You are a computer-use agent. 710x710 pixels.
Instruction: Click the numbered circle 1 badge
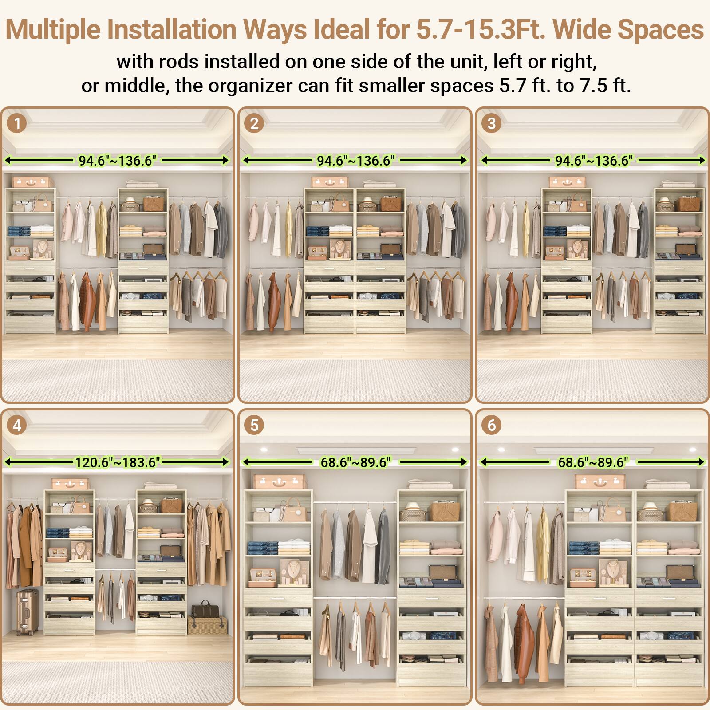click(x=17, y=123)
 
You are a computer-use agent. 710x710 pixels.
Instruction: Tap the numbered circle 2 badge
click(x=254, y=123)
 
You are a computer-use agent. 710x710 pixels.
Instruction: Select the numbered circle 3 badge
click(x=491, y=123)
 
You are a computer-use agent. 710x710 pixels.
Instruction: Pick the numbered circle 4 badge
click(x=17, y=425)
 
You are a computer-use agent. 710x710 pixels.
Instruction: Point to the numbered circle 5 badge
click(x=254, y=425)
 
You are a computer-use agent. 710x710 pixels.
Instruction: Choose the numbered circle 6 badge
click(x=491, y=425)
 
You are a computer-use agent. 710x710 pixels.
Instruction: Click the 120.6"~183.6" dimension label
click(x=117, y=462)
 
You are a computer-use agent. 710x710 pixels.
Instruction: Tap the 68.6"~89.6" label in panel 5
click(x=355, y=462)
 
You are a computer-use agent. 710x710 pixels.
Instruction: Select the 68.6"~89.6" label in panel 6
click(x=593, y=462)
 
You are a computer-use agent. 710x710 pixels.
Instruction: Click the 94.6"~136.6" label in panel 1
click(x=117, y=161)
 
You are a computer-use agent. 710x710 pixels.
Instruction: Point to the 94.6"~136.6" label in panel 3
click(x=594, y=161)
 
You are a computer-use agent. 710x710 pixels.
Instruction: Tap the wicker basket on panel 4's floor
click(x=207, y=623)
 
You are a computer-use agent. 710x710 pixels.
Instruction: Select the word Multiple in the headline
click(x=54, y=30)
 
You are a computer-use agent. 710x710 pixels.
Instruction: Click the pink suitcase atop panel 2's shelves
click(x=329, y=181)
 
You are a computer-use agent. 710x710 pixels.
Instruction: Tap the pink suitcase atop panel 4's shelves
click(x=70, y=483)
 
